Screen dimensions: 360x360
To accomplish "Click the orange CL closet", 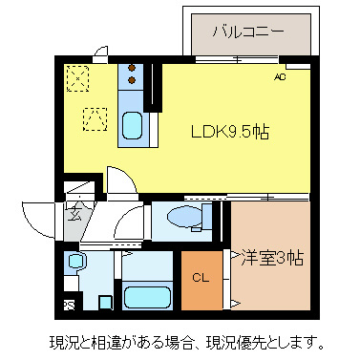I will click(201, 278).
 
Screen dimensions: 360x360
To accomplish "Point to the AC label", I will click(280, 77).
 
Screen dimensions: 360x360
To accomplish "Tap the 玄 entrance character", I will click(74, 214).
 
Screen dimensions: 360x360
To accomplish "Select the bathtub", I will click(147, 295).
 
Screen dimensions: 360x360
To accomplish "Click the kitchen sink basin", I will click(133, 125).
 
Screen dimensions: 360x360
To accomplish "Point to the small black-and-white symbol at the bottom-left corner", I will click(70, 305).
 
